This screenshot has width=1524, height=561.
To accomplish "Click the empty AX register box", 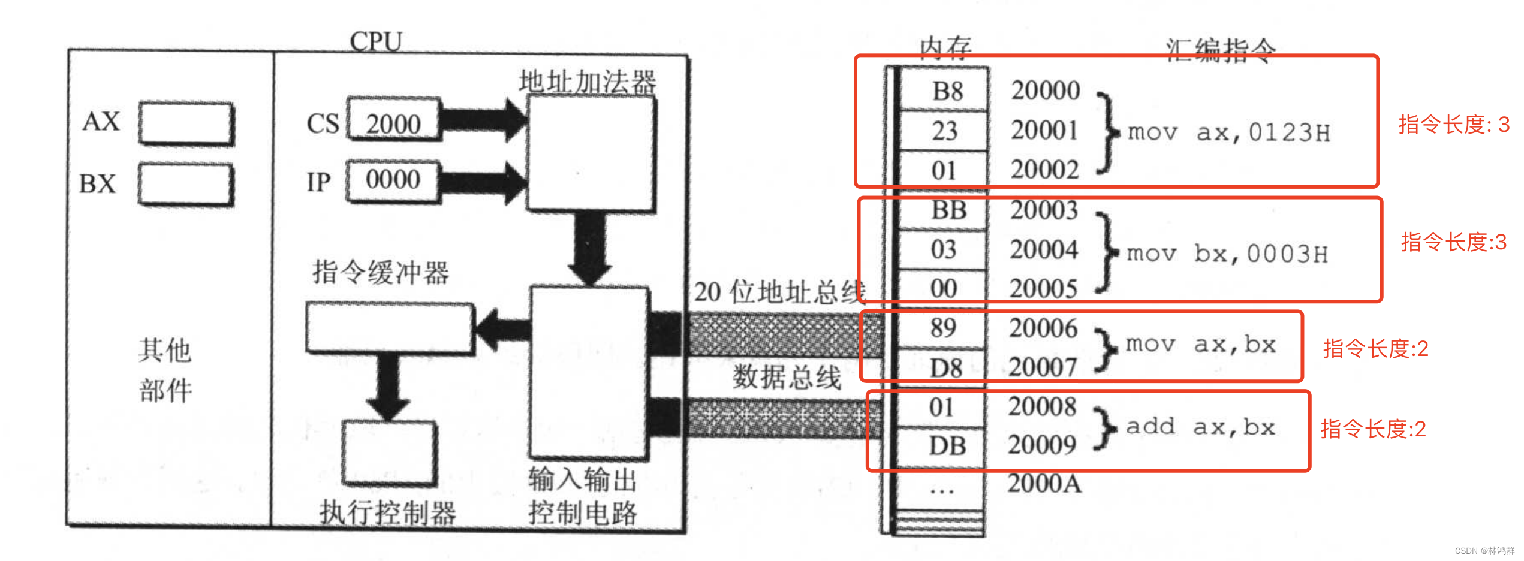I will pos(186,123).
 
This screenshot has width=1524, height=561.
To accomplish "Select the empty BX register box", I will pos(186,184).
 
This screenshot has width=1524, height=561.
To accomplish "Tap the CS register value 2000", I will pos(393,124).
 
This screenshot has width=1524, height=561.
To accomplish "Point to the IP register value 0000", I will pos(393,180).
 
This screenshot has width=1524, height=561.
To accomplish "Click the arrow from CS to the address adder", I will pos(483,120).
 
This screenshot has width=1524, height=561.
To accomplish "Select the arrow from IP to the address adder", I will pos(483,182).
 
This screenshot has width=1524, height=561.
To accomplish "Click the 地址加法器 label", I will pos(588,82).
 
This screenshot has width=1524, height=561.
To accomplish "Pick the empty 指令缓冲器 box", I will pos(390,327).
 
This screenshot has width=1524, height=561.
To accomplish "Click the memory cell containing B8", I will pos(946,91).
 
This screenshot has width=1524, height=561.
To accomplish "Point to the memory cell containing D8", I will pos(945,367).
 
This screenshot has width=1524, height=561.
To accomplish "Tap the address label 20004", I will pos(1044,249).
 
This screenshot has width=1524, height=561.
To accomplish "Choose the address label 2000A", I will pos(1044,484).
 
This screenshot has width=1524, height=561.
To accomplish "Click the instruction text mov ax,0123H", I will pos(1228,132).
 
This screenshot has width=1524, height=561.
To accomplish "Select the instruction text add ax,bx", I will pos(1200,427).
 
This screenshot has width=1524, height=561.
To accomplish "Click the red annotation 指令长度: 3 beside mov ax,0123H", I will pos(1454,125).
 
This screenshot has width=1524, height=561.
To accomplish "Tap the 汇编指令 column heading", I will pos(1221,50).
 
